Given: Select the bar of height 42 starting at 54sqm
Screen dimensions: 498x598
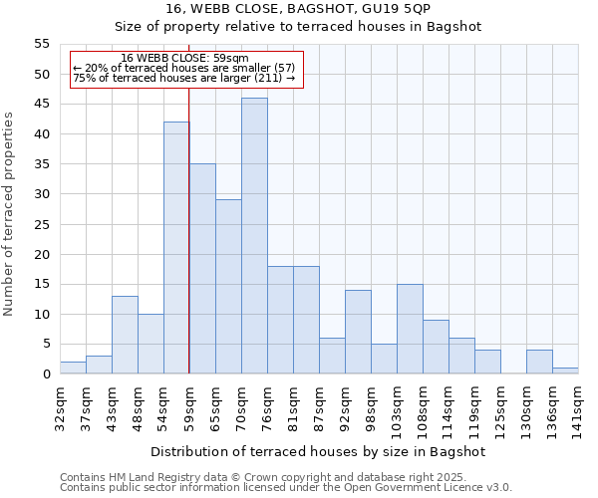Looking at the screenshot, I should click(x=176, y=248).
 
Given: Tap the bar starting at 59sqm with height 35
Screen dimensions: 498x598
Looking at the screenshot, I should click(x=202, y=269).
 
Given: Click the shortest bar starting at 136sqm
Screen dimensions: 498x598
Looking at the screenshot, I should click(x=565, y=371).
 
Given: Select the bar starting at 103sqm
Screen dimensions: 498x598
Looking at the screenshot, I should click(x=410, y=329).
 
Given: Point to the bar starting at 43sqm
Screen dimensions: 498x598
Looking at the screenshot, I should click(x=125, y=335).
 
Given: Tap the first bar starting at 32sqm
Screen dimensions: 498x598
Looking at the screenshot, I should click(x=73, y=368).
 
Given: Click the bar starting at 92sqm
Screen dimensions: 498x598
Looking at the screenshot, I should click(x=358, y=332).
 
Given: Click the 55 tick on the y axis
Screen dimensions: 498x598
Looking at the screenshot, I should click(x=42, y=44).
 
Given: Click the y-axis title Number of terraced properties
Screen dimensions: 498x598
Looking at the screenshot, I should click(x=9, y=213).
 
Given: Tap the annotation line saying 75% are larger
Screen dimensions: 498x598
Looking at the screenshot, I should click(x=184, y=78).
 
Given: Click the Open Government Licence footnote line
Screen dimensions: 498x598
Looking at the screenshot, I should click(x=286, y=487).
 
